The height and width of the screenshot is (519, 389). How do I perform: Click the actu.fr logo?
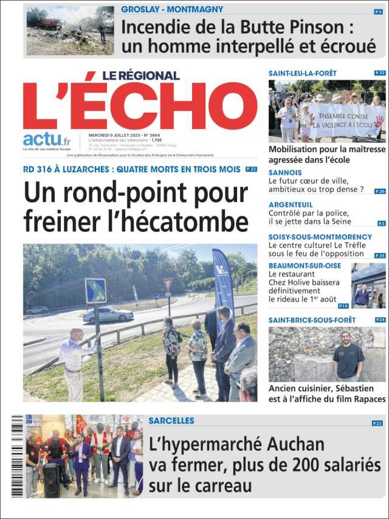[x=46, y=141]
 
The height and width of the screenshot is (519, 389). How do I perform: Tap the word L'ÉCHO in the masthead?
[x=140, y=106]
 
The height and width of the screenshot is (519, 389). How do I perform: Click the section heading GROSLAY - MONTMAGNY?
[x=172, y=10]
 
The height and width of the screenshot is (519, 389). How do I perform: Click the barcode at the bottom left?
[x=17, y=456]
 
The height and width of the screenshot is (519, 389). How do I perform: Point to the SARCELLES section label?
[x=171, y=420]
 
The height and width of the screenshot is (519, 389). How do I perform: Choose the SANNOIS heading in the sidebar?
[x=285, y=173]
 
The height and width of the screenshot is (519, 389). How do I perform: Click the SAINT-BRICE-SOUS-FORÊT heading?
[x=311, y=319]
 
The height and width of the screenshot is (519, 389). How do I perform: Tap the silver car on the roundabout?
[x=108, y=314]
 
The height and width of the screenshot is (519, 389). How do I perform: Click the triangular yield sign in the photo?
[x=168, y=284]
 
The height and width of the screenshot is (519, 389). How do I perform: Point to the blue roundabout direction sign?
[x=95, y=291]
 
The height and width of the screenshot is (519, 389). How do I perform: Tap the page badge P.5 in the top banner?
[x=379, y=12]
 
